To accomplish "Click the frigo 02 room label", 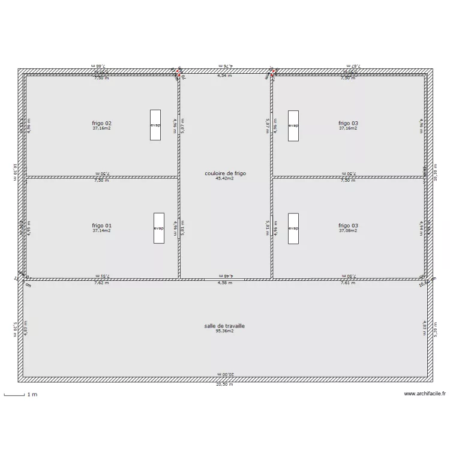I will coord(101,123).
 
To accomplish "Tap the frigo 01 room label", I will coord(101,226).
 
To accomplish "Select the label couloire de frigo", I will coord(225,173).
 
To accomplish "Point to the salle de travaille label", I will coord(224,326).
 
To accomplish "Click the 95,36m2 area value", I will coord(224,331).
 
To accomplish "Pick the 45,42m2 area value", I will coord(224,178).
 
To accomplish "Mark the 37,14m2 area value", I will coord(101,230).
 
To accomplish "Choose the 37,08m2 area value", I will coord(347,230).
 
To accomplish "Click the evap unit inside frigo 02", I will coord(155,125).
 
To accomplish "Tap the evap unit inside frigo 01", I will coord(159,228).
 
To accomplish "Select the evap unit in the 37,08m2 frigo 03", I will coord(293,228).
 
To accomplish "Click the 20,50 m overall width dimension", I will coord(224,385).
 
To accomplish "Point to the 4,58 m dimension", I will coord(224,283).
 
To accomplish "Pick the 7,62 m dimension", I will coord(101,283).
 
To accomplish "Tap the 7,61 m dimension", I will coord(347,283).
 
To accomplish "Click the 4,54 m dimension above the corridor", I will coord(224,76).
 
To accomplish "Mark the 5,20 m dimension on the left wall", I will coord(14,329).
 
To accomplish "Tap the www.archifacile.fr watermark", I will coord(425,394).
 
